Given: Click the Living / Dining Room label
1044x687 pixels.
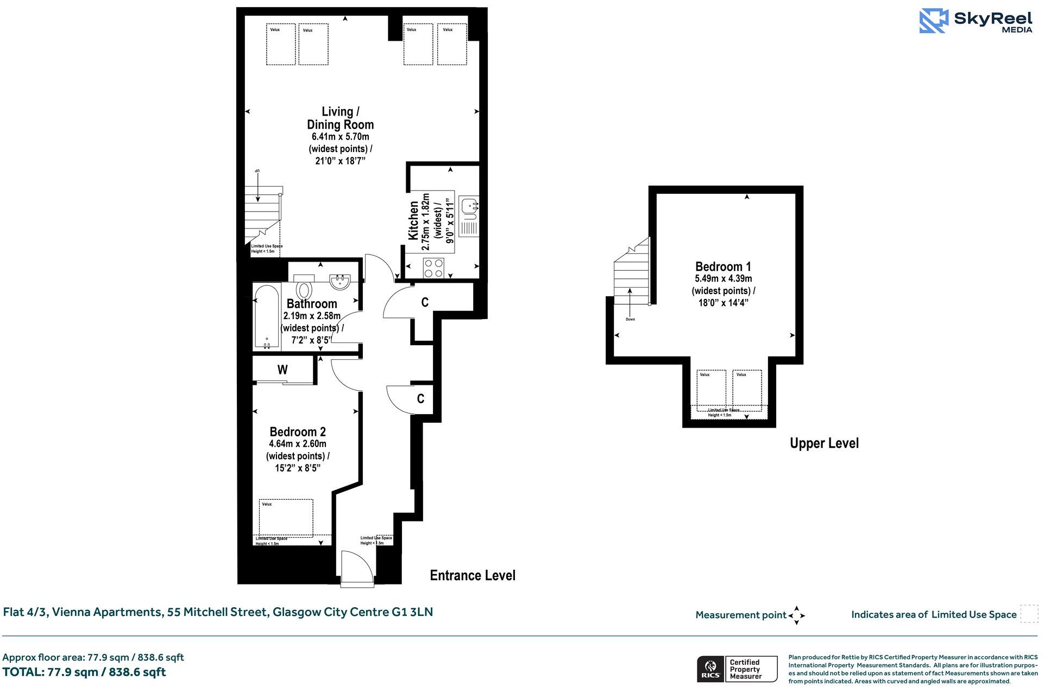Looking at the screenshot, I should [x=341, y=118].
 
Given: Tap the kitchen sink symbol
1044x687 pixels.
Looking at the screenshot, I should [x=468, y=207].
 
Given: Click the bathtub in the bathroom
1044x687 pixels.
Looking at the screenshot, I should [x=267, y=317].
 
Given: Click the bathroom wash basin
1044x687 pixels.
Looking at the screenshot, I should [x=341, y=280].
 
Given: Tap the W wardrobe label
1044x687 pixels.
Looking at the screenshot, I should [x=282, y=370].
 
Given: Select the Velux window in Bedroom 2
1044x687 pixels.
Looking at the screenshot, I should [x=286, y=517].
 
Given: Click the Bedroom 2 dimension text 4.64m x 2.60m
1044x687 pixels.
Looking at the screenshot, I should [x=298, y=444].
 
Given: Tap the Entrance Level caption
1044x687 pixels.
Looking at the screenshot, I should [x=472, y=575].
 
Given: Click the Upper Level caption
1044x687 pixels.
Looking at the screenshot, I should [x=823, y=443].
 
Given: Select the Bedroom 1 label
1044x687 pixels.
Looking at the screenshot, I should [x=723, y=266].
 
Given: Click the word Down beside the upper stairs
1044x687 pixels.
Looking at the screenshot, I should [x=630, y=320].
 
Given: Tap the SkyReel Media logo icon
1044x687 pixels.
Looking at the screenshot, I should [x=933, y=21].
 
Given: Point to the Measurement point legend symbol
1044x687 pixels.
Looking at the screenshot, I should [x=796, y=615].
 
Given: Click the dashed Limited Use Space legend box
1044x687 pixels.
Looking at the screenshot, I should [x=1029, y=614].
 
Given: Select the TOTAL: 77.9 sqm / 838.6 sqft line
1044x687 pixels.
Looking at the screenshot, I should [x=84, y=672].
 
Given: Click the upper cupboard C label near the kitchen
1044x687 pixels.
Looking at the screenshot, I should [x=425, y=302].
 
